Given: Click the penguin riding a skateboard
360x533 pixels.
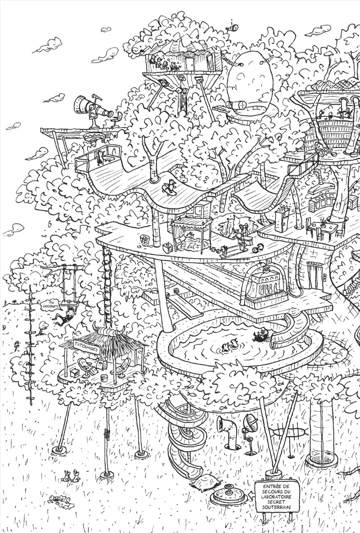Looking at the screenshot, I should click(170, 186).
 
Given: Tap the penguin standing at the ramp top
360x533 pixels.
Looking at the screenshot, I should click(99, 157).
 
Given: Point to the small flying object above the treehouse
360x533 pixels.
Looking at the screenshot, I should click(233, 28).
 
